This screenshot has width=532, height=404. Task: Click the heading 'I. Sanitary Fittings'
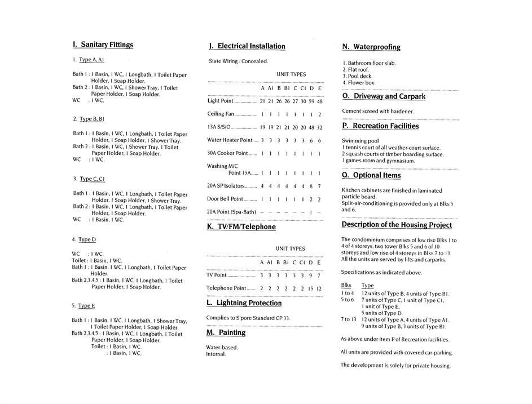coord(103,44)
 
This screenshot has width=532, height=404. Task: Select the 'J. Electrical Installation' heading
coord(247,46)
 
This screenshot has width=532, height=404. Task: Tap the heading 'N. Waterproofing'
coord(371,47)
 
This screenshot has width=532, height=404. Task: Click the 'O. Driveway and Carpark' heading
coord(384,96)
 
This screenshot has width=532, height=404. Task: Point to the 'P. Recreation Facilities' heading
coord(380,126)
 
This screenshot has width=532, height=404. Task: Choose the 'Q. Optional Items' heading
coord(371,176)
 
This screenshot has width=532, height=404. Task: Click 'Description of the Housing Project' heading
coord(397,225)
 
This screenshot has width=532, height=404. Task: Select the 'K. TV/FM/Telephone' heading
coord(241,227)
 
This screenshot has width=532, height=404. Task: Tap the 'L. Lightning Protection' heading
coord(244,303)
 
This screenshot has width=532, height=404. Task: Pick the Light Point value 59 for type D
coord(311,101)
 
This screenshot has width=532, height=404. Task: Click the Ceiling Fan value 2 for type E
coord(319,114)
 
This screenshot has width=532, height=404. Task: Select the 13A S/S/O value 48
coord(311,127)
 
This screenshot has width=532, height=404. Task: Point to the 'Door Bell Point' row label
coord(225,199)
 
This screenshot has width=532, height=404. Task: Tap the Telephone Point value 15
coord(310,288)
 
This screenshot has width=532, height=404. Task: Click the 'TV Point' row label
coord(217,275)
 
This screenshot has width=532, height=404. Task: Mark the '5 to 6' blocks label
coord(348,300)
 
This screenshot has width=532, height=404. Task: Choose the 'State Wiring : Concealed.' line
coord(238,61)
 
